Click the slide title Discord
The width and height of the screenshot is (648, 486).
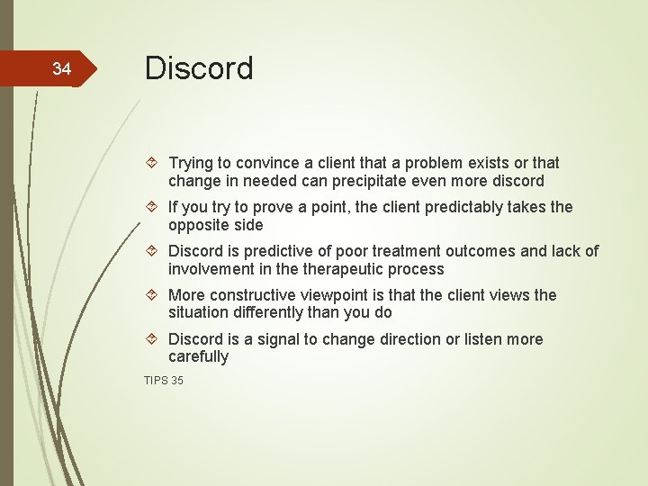pos(199,68)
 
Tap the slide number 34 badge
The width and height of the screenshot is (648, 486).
pos(61,68)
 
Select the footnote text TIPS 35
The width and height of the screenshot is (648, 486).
pos(164,381)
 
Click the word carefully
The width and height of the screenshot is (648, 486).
pos(199,357)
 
